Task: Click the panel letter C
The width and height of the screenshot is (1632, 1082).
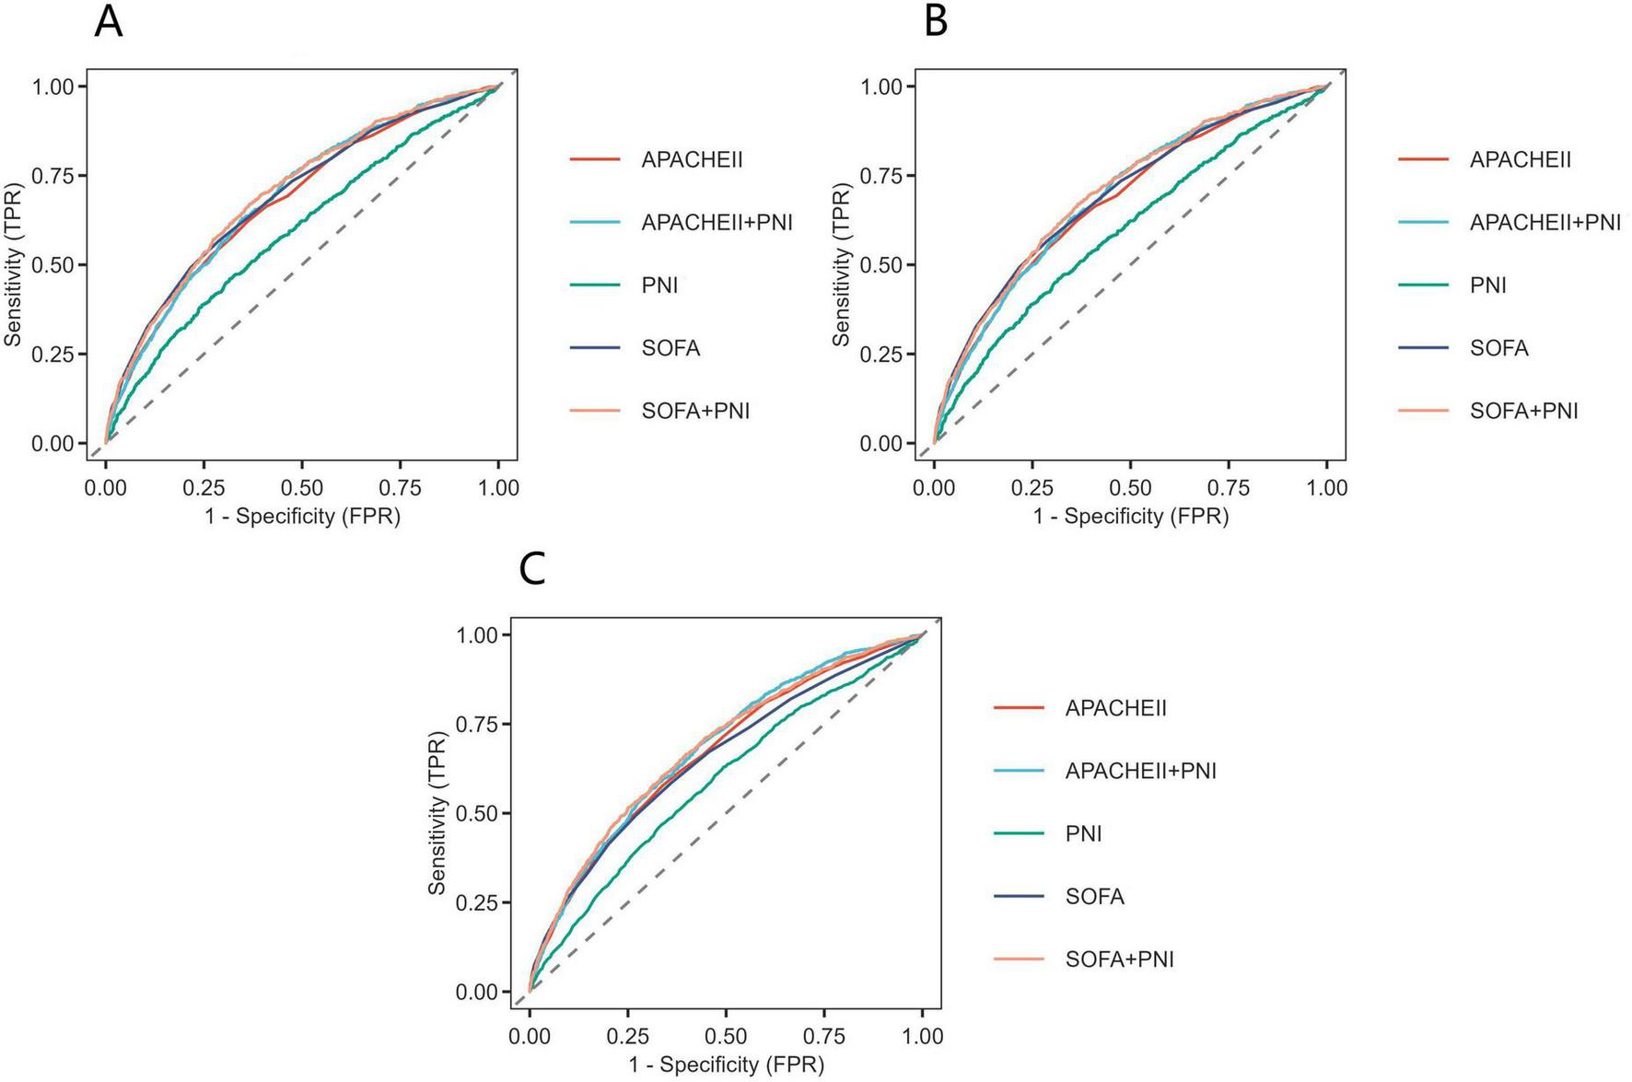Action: click(x=532, y=570)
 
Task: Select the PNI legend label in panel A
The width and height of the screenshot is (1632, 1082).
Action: click(x=659, y=285)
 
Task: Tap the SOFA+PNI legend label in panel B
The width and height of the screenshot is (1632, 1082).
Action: click(x=1523, y=411)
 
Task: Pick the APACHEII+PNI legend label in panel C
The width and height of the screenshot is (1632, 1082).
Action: click(x=1140, y=771)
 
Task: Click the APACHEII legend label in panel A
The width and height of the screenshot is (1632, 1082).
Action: click(x=692, y=159)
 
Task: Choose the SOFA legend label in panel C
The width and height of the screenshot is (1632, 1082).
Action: click(x=1094, y=896)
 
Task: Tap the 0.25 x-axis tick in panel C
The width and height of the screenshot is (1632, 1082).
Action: click(x=627, y=1036)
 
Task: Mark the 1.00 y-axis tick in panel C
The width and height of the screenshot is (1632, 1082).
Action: click(x=477, y=635)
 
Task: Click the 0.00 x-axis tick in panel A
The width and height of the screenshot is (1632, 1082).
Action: click(x=105, y=487)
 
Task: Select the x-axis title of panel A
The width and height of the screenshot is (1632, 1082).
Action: click(x=302, y=516)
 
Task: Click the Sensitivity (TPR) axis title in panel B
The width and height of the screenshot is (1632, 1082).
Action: click(x=841, y=265)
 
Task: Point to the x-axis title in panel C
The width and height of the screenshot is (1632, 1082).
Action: click(x=726, y=1065)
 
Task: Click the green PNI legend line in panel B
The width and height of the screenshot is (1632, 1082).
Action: click(x=1423, y=285)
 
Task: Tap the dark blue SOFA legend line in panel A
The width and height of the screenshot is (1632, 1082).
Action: click(x=595, y=348)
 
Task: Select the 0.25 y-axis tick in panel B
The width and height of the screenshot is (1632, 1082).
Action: click(x=880, y=355)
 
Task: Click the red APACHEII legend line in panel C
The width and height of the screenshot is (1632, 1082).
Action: click(x=1019, y=708)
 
